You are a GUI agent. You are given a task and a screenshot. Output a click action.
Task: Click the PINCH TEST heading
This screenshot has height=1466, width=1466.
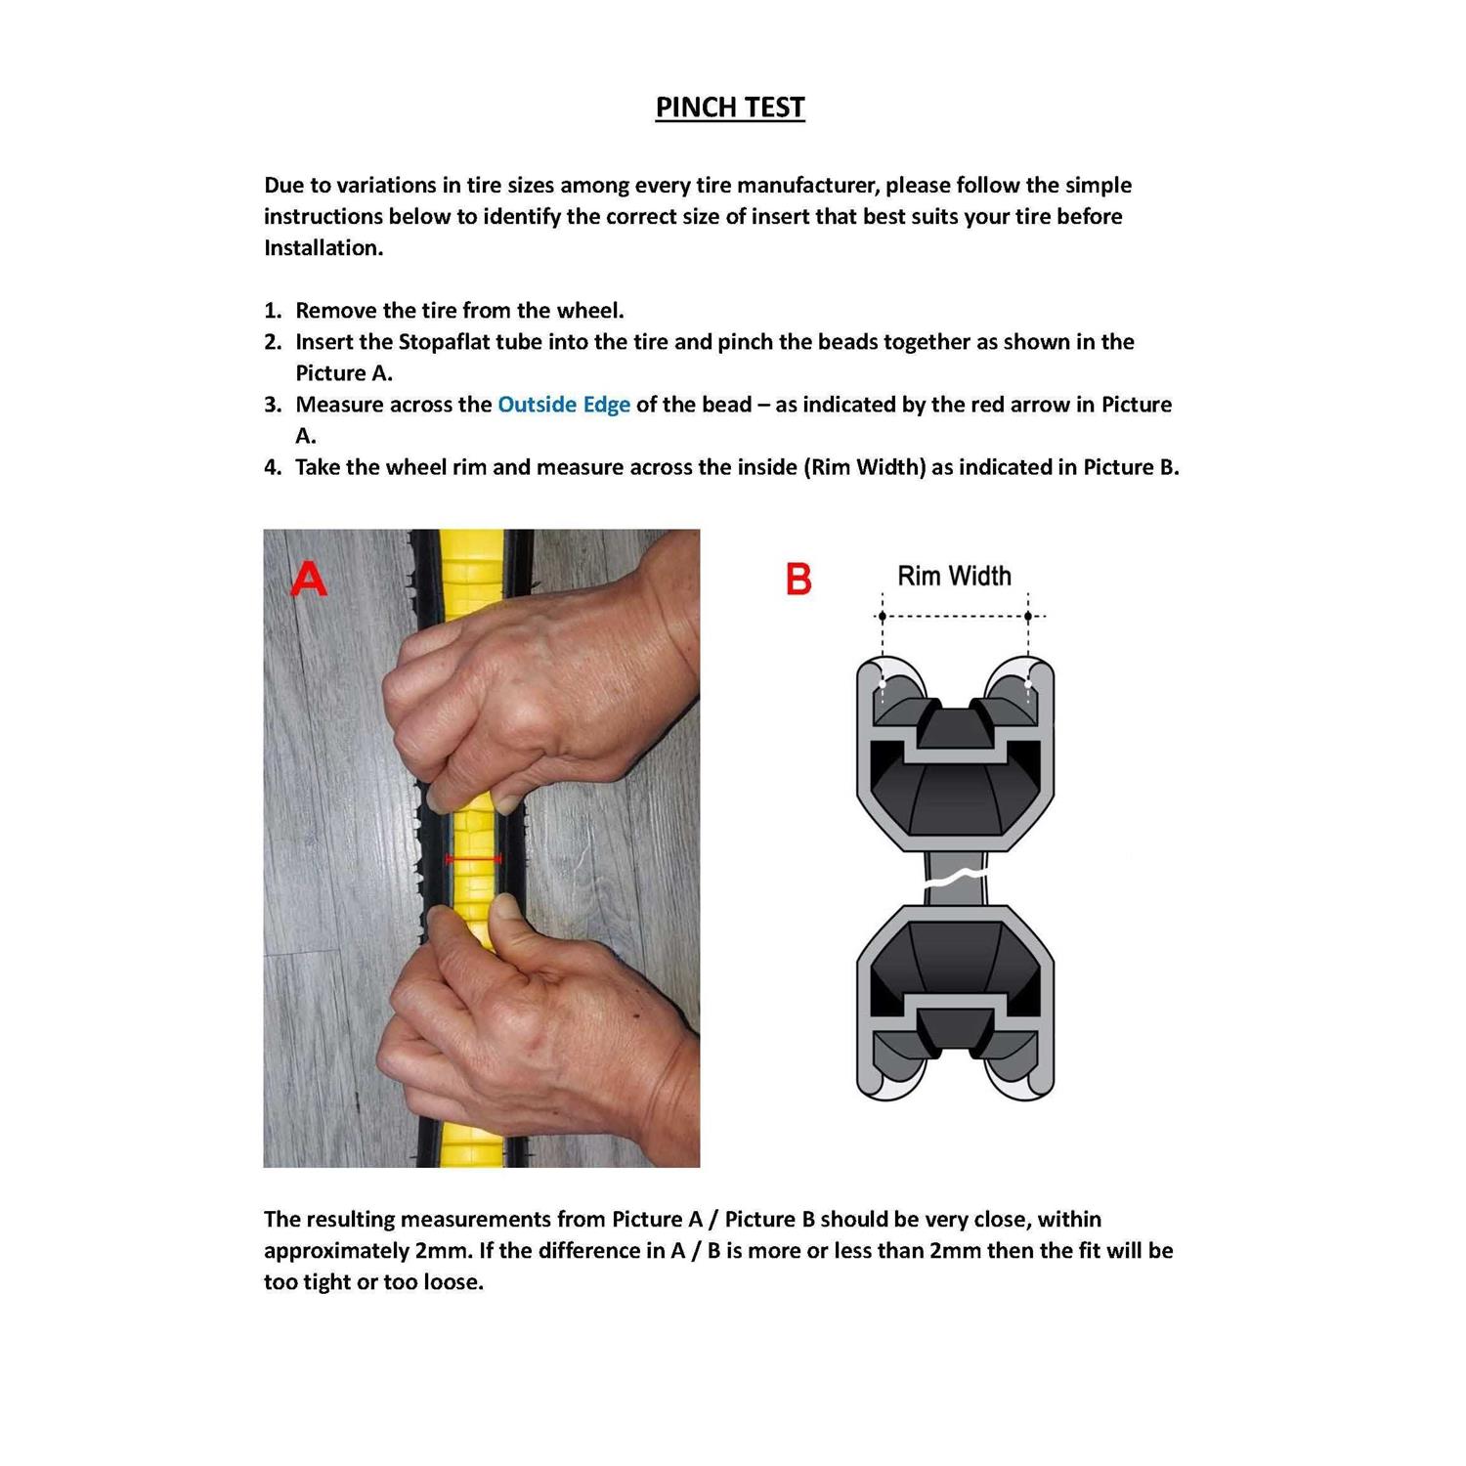coord(729,108)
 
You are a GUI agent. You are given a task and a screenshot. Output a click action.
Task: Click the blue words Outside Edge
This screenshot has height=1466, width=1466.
coord(563,405)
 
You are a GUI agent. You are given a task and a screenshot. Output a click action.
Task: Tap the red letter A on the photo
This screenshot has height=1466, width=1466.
coord(308,579)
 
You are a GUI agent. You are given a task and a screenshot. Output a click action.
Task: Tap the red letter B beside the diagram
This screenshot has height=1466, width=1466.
coord(798,579)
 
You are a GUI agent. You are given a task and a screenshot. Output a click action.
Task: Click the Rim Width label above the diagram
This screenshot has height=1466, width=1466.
coord(954,576)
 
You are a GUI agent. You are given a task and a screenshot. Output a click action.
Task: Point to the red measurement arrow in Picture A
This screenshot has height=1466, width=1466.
coord(473,858)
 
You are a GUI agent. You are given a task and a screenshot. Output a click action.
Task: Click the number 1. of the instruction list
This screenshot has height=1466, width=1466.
coord(273,311)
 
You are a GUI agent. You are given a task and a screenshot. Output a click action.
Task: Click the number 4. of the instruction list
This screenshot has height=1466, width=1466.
coord(273,467)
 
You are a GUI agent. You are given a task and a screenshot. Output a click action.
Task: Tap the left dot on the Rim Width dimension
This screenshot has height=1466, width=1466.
coord(883,617)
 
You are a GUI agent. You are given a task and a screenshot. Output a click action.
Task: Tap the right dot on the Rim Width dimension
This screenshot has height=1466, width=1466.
coord(1028,617)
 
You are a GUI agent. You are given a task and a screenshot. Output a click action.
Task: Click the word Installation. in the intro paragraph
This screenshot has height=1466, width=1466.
coord(323,248)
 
